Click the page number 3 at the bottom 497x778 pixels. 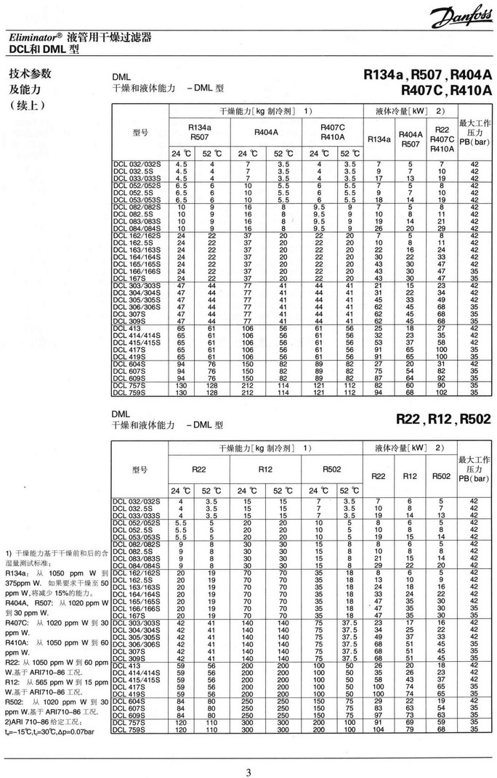248,763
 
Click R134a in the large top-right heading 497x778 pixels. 386,75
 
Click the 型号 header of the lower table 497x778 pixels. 140,470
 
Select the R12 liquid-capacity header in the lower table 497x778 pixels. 410,476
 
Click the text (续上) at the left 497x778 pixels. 25,106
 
